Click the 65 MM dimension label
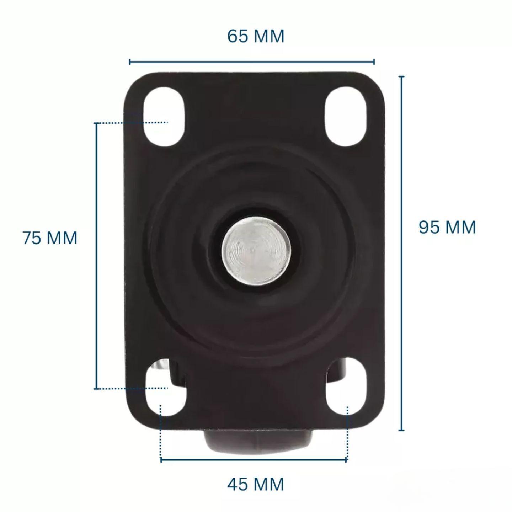(256, 36)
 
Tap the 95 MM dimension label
(447, 227)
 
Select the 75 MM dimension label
(50, 238)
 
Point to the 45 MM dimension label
(256, 484)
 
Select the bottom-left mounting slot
(166, 389)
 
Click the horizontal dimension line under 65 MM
(252, 62)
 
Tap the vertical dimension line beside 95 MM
(402, 253)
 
